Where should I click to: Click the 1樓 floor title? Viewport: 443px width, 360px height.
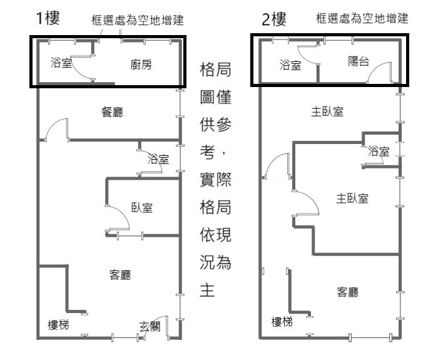(48, 18)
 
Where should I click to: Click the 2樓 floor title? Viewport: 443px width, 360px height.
(273, 19)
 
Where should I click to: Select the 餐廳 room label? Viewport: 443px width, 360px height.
(113, 113)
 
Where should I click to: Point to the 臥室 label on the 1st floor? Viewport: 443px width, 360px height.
(141, 208)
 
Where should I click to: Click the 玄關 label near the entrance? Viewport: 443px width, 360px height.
(150, 326)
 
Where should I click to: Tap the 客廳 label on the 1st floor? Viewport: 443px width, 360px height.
(120, 274)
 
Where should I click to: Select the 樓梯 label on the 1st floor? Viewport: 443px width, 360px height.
(59, 325)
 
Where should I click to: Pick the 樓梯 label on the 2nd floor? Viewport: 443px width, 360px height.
(282, 322)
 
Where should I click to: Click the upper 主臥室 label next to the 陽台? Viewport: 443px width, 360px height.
(327, 112)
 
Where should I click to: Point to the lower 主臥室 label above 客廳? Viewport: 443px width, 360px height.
(352, 198)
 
